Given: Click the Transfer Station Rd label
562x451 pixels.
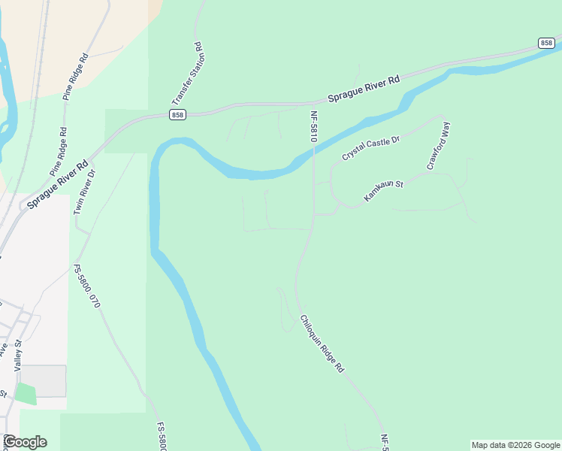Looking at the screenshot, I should [x=188, y=73].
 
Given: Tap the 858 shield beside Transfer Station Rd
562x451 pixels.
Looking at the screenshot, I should [x=177, y=114].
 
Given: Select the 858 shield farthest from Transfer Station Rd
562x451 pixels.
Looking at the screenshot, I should [x=546, y=43].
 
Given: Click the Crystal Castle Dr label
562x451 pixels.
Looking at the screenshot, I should [x=371, y=144].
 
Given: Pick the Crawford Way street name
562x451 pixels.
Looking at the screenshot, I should [x=438, y=146].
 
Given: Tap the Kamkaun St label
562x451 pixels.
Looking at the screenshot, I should [x=384, y=189].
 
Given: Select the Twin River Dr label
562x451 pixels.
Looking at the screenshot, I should [x=84, y=192].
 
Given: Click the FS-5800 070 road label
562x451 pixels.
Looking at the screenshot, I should [x=86, y=286].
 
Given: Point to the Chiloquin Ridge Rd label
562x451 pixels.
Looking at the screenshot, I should [x=322, y=344].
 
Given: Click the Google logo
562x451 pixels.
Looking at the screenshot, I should [x=25, y=442].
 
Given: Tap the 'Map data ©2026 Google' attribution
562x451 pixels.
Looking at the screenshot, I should [x=515, y=445].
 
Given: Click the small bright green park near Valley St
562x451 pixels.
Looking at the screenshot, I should [x=25, y=393].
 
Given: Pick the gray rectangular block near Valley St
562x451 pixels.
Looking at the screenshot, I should [x=43, y=380].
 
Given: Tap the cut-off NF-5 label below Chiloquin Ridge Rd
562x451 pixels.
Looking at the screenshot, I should [x=385, y=443].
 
